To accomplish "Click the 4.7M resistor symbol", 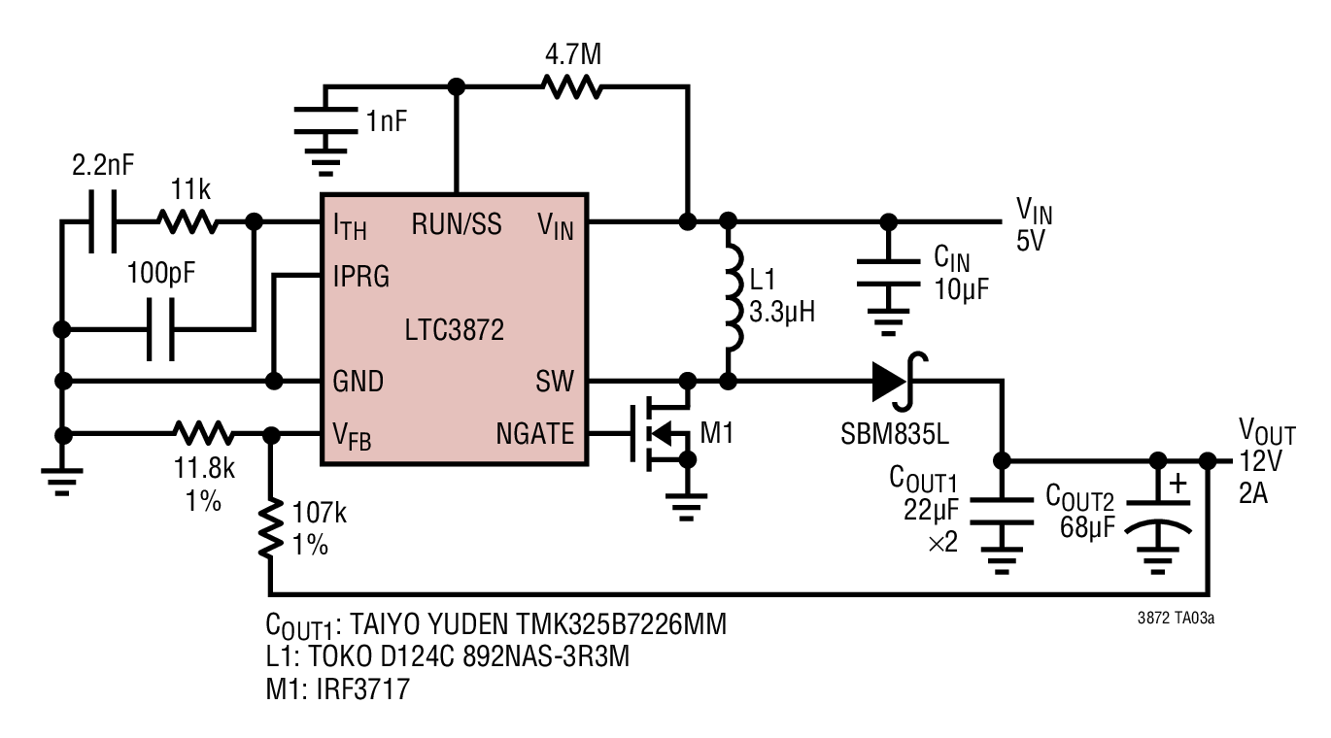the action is point(571,87).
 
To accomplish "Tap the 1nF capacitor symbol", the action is point(325,120).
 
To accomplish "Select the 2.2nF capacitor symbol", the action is point(102,221).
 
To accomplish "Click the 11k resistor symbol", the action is point(188,221).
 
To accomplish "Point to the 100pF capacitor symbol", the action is point(160,329).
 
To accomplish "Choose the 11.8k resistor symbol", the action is point(204,434).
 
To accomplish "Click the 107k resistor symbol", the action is point(271,528).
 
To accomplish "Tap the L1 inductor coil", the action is point(734,297).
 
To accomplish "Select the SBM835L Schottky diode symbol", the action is point(898,382).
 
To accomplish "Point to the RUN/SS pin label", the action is point(457,224).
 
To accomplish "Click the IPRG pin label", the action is point(360,277).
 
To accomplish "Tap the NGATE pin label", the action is point(534,434).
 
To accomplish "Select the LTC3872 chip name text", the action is point(454,330).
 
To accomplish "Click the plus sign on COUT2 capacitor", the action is point(1177,484).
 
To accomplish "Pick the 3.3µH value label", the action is point(782,312).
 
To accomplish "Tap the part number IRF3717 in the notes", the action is point(363,689).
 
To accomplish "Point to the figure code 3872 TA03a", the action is point(1176,618).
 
